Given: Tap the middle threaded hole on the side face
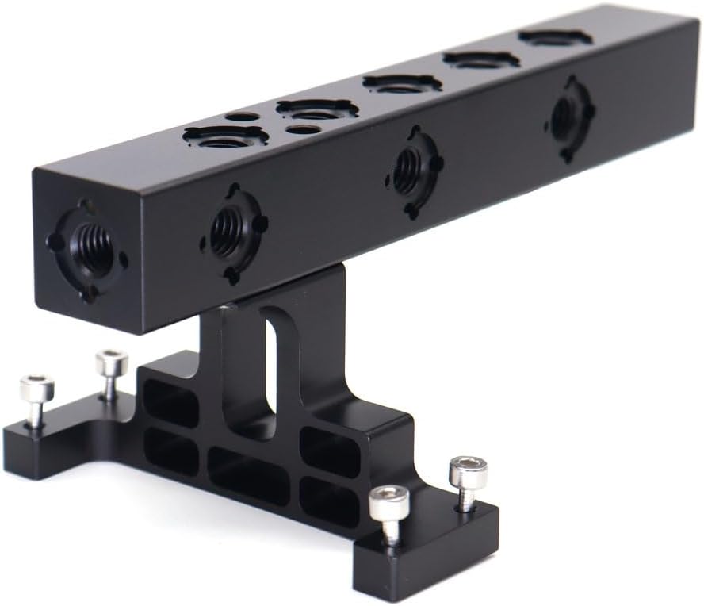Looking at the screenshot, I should coord(407,171).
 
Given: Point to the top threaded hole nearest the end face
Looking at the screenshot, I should coord(224,138).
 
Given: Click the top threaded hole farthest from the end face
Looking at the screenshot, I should coord(555,37).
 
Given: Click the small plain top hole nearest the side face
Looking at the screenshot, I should coord(303,129).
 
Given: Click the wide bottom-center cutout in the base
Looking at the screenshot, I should coord(248,474).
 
